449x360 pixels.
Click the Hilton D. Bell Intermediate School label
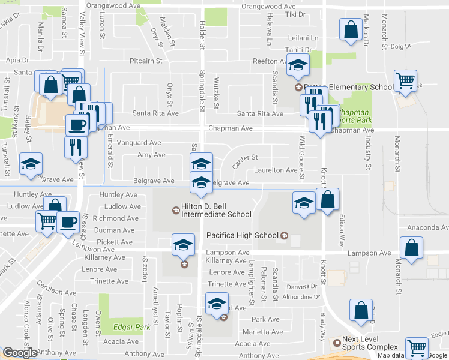215,210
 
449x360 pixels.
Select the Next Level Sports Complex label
370,343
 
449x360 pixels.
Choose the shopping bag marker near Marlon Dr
349,30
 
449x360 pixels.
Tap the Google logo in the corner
19,352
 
